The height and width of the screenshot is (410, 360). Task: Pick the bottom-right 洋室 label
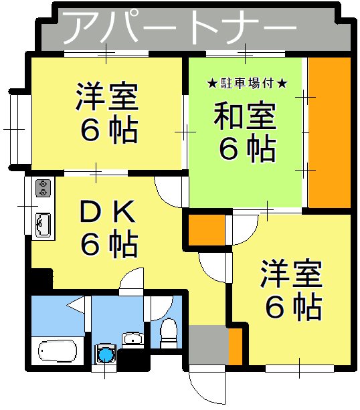[292, 274]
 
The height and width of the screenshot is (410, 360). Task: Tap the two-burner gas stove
[43, 188]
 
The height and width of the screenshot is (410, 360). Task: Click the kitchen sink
[42, 223]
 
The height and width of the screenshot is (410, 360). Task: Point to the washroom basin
[134, 338]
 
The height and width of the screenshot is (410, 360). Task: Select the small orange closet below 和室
[205, 231]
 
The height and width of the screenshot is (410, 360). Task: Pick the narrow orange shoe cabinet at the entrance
[235, 344]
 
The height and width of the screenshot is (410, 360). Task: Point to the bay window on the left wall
[17, 126]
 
